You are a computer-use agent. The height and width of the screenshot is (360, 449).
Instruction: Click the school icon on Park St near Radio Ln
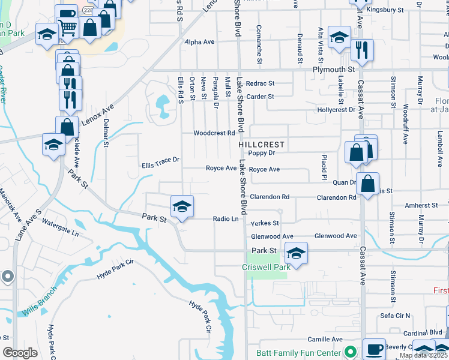pyautogui.click(x=182, y=207)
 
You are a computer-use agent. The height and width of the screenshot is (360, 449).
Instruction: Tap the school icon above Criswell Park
pyautogui.click(x=295, y=253)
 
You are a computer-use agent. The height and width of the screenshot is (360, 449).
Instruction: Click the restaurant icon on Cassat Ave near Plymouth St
pyautogui.click(x=362, y=50)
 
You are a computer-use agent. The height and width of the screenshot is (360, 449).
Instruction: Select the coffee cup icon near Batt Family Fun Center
pyautogui.click(x=376, y=349)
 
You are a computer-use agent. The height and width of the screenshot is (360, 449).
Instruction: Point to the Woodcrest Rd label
pyautogui.click(x=213, y=133)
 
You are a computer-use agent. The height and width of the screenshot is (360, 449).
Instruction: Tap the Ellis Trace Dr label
pyautogui.click(x=160, y=160)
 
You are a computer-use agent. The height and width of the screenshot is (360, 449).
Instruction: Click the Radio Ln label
pyautogui.click(x=226, y=219)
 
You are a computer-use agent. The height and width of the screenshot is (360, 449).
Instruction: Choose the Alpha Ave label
pyautogui.click(x=200, y=42)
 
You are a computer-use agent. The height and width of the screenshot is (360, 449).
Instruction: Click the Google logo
pyautogui.click(x=20, y=353)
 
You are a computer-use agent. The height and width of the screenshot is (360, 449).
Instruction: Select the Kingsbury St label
pyautogui.click(x=385, y=10)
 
